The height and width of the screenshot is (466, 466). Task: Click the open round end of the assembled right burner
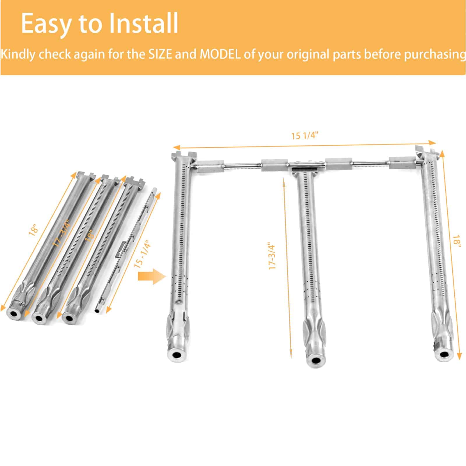point(444,355)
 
